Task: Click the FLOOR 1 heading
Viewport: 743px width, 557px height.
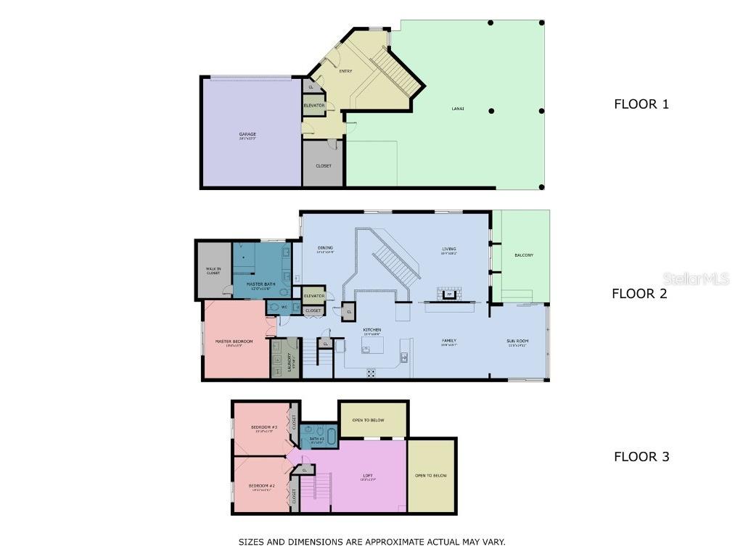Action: (641, 104)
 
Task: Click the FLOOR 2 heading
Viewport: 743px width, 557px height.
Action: (639, 294)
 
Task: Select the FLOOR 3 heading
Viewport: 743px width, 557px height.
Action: (641, 456)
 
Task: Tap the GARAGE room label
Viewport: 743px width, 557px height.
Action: (247, 134)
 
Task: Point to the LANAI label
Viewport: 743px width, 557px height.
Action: (457, 109)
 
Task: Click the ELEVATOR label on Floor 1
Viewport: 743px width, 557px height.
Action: (314, 106)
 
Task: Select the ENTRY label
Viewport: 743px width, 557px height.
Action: (345, 71)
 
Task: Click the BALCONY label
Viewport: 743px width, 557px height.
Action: (524, 255)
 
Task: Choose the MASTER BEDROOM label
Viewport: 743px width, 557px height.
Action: (234, 341)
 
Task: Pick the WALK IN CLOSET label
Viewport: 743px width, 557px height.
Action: (213, 271)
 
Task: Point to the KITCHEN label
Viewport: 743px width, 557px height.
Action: (372, 330)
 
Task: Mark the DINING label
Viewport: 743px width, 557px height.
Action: (325, 249)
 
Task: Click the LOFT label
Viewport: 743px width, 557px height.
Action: (368, 476)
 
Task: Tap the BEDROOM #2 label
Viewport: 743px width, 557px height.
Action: (261, 485)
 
